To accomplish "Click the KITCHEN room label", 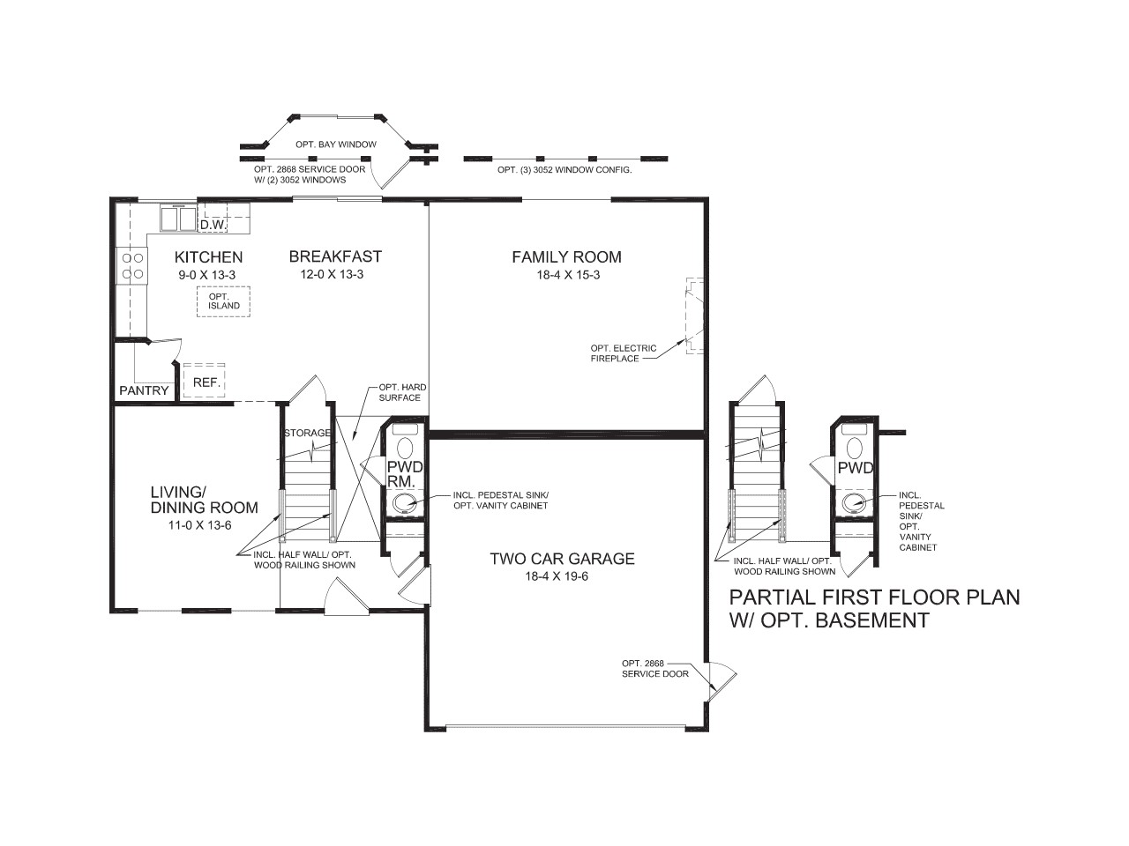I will [x=208, y=257].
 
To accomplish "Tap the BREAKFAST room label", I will [x=335, y=256].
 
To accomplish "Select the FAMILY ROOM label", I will [x=566, y=257].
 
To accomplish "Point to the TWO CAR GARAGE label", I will [x=562, y=559].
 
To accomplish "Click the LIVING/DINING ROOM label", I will [x=204, y=499].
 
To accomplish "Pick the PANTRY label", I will [x=144, y=390].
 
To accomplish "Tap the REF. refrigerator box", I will [x=204, y=382].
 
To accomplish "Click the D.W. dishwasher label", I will [x=213, y=226].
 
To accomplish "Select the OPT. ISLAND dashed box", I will [x=223, y=301].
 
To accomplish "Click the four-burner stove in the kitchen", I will [x=132, y=266].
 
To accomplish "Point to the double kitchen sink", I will [x=179, y=219].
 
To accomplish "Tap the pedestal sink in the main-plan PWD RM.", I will [x=405, y=504].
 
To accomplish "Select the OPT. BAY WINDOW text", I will [x=336, y=145].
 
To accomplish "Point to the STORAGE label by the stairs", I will [x=307, y=433].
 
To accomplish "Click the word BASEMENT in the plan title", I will [x=872, y=620].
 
